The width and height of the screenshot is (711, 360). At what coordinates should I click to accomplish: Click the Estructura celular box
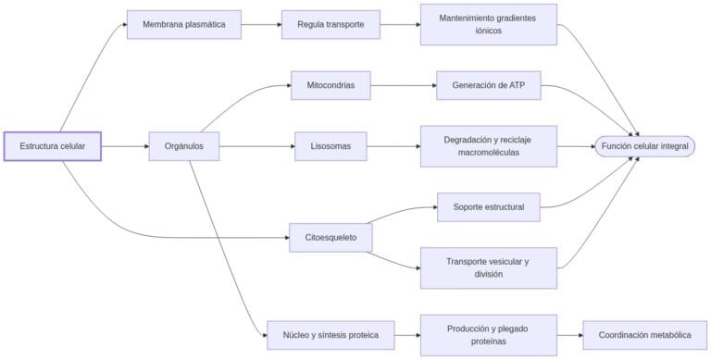53,146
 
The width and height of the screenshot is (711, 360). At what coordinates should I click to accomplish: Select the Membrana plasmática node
183,24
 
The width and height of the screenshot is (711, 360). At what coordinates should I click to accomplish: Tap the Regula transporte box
331,24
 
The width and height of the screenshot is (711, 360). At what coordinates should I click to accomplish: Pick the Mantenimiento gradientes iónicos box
488,24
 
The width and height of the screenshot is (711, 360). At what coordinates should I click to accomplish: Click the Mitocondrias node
331,85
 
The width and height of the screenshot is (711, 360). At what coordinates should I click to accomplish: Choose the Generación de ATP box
488,85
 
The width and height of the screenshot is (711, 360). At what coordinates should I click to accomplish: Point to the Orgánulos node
183,146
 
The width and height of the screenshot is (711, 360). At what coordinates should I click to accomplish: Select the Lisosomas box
331,146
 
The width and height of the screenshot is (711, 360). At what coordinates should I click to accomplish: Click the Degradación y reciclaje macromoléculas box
488,146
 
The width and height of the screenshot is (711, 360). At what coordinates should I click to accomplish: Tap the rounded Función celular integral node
644,146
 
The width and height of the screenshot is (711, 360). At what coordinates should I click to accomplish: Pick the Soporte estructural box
488,206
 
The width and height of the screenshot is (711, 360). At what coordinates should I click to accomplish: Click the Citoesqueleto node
331,238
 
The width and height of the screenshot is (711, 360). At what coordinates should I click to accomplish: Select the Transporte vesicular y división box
488,267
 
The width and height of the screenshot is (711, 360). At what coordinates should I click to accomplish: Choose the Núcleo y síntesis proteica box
330,334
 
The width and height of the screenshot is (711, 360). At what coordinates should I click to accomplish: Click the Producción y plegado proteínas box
488,334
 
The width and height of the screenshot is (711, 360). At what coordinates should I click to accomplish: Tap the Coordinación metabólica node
644,334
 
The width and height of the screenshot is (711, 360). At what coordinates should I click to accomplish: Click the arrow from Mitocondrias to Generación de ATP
403,85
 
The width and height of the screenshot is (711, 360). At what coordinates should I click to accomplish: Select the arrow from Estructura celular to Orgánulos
124,146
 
